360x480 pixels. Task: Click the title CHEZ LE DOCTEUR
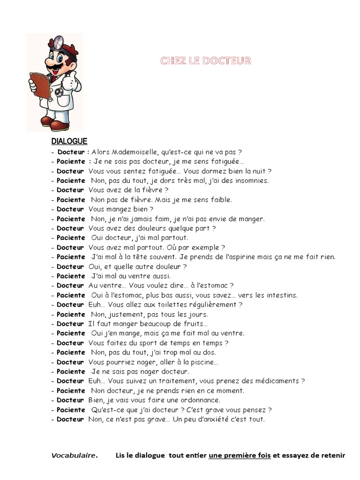point(205,61)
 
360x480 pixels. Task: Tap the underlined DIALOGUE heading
point(69,141)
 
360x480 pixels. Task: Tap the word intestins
point(280,295)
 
